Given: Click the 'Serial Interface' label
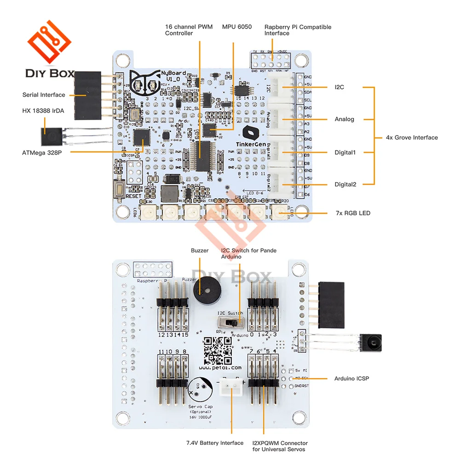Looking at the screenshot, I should pyautogui.click(x=44, y=95).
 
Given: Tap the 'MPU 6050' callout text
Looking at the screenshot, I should pyautogui.click(x=236, y=27).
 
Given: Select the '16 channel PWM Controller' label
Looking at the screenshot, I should pyautogui.click(x=189, y=30).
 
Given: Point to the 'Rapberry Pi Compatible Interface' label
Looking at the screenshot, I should pyautogui.click(x=298, y=30).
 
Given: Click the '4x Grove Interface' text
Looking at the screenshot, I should pyautogui.click(x=412, y=138).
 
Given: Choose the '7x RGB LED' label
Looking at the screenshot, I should pyautogui.click(x=353, y=213).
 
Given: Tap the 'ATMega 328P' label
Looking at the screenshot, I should pyautogui.click(x=42, y=152).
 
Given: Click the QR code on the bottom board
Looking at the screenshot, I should pyautogui.click(x=217, y=350).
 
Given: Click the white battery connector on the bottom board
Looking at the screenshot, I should pyautogui.click(x=230, y=389).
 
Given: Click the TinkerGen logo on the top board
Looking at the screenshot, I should pyautogui.click(x=250, y=133).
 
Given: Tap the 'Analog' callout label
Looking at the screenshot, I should pyautogui.click(x=345, y=119).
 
